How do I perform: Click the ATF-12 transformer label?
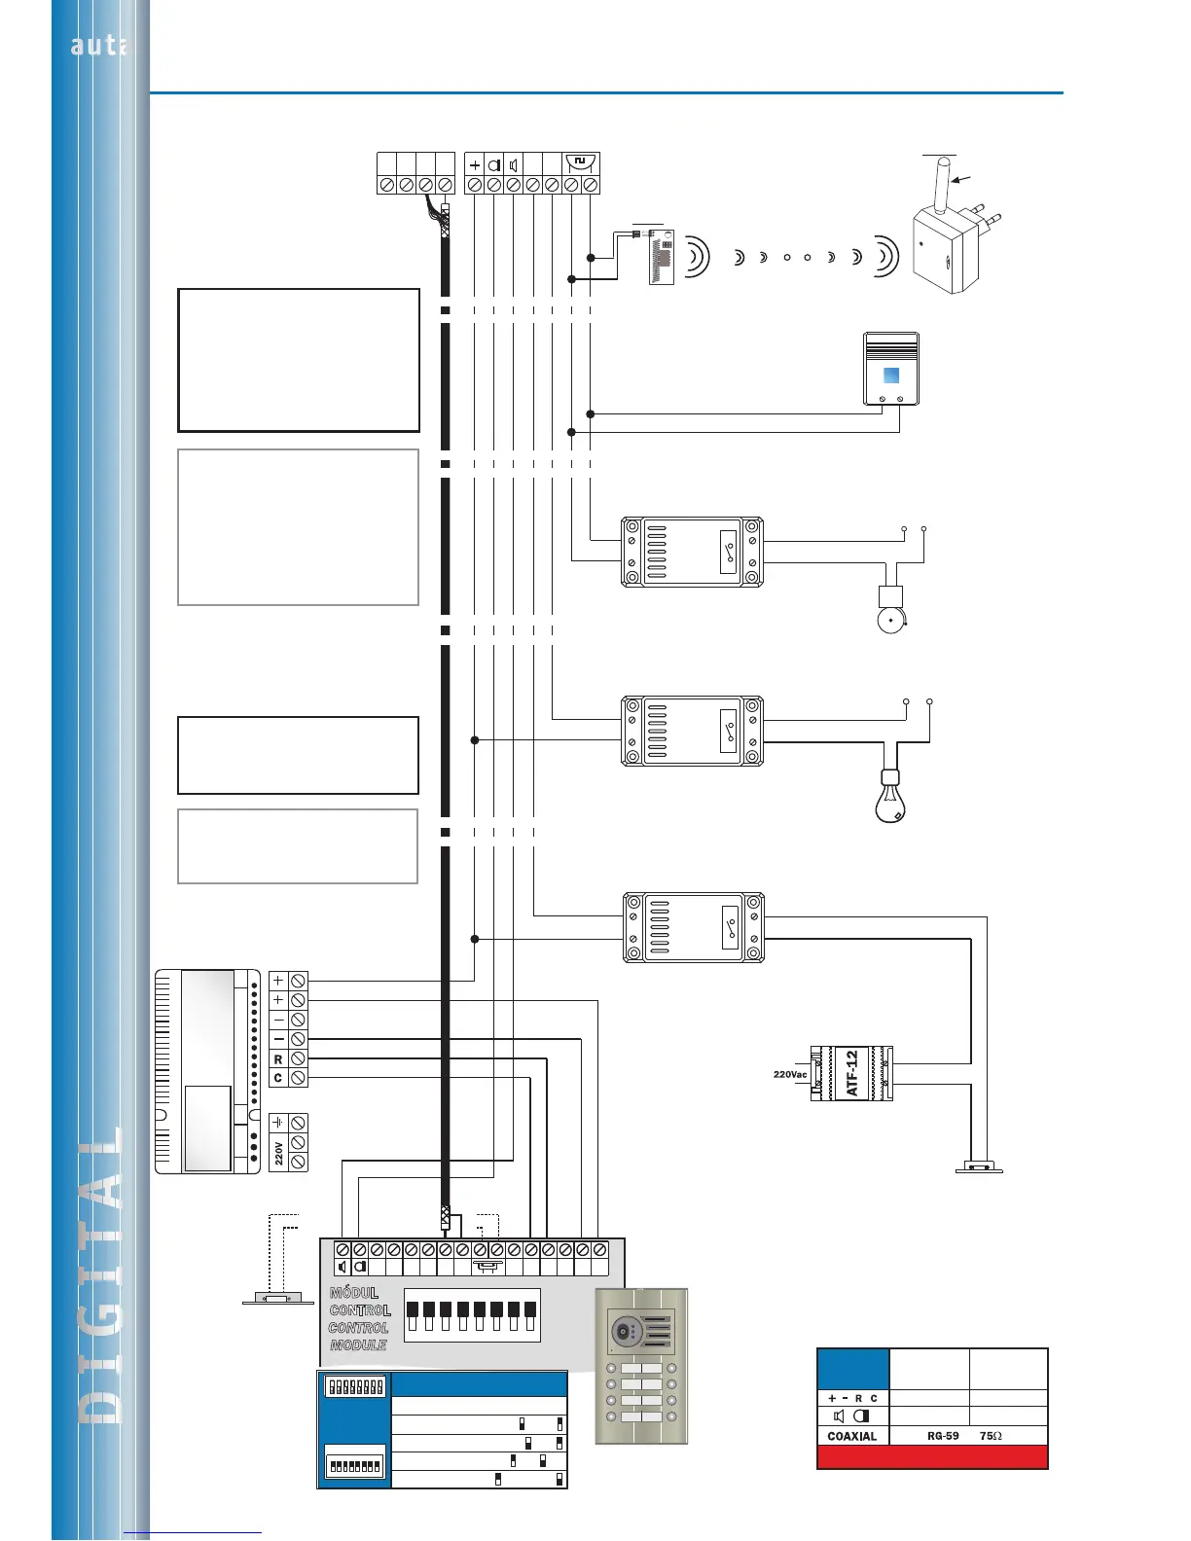click(852, 1073)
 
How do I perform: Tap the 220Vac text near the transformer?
click(790, 1074)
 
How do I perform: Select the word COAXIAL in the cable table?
click(851, 1436)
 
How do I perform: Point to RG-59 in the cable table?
click(943, 1436)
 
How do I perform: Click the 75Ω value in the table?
click(991, 1436)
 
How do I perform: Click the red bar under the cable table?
click(932, 1456)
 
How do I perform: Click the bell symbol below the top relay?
click(890, 620)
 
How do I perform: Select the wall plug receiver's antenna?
click(943, 186)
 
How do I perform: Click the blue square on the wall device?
click(890, 376)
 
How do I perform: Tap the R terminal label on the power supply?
click(278, 1058)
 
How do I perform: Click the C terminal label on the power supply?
click(278, 1078)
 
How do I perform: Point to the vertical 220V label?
click(278, 1153)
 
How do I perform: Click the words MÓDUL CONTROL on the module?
click(359, 1302)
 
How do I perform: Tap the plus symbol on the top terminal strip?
click(475, 165)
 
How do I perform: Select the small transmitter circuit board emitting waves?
click(662, 257)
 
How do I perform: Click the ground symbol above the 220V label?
click(278, 1123)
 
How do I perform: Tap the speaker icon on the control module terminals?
click(343, 1267)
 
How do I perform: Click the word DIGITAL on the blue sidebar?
click(101, 1274)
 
